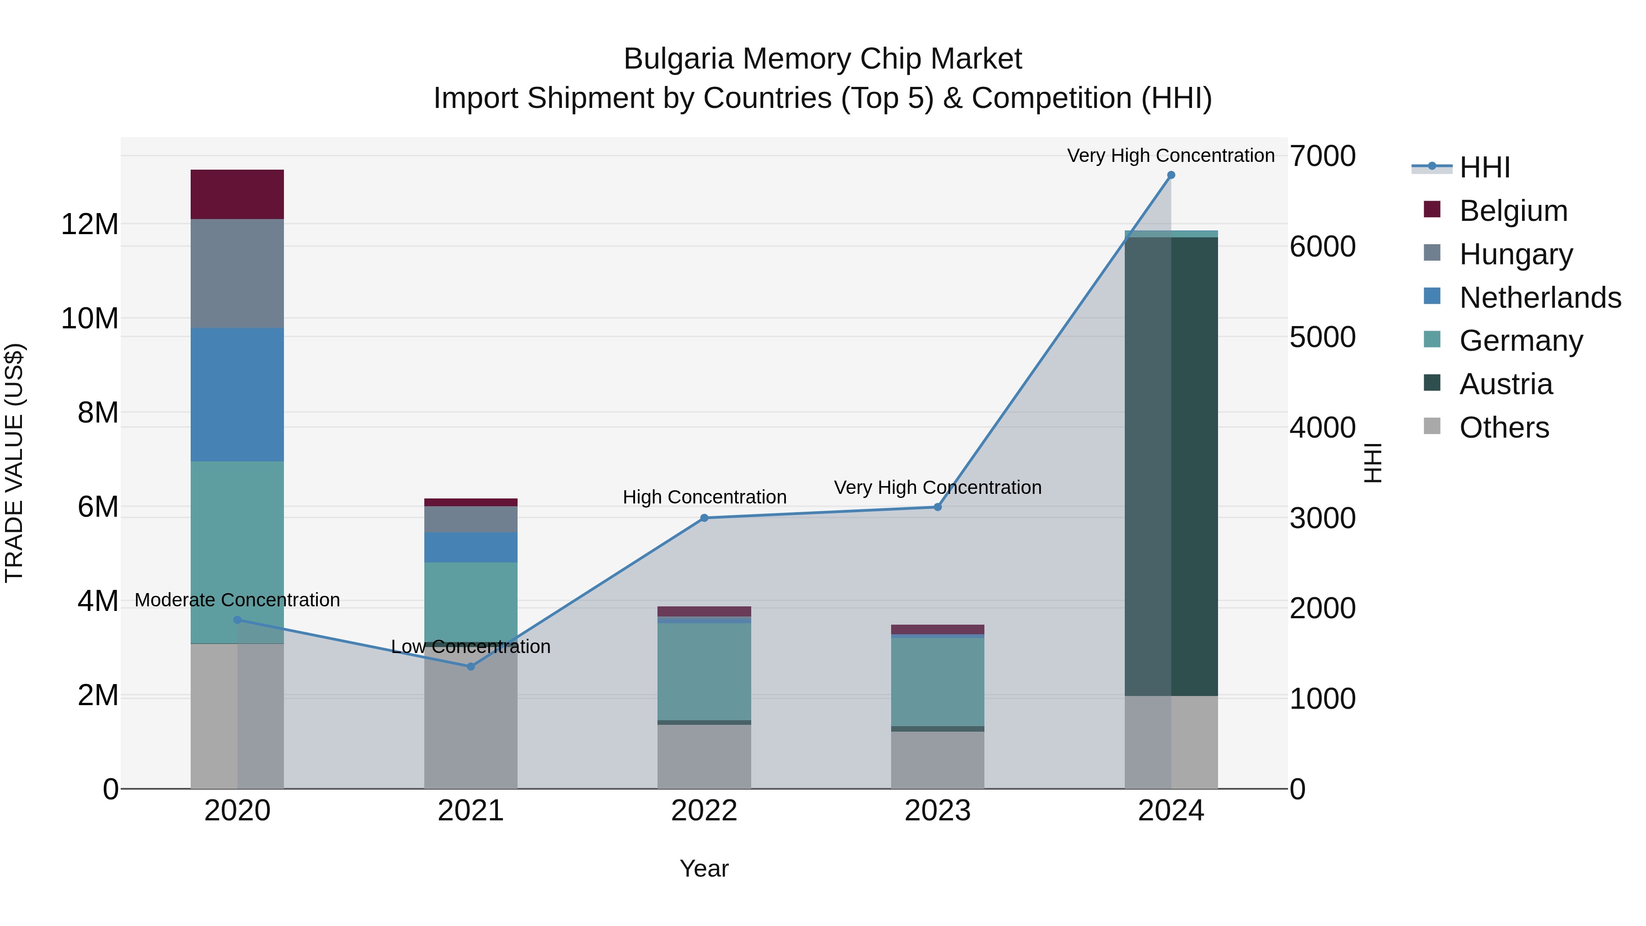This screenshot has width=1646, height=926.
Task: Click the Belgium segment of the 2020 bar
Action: coord(237,194)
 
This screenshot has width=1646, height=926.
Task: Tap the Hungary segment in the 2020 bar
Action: coord(237,273)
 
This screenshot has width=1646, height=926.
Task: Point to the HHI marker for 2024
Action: coord(1170,175)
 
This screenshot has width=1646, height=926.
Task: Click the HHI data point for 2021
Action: coord(471,667)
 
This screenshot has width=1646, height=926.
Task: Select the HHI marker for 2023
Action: coord(937,508)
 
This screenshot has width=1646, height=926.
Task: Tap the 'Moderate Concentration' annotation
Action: coord(237,600)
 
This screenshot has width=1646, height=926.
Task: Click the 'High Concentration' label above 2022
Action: coord(704,497)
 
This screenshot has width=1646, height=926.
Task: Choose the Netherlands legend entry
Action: coord(1540,298)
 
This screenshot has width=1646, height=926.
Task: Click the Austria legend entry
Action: coord(1506,384)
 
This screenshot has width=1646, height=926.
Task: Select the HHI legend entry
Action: coord(1484,167)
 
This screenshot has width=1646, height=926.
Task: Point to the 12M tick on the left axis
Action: coord(90,225)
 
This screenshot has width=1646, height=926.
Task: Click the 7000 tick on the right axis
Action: coord(1322,156)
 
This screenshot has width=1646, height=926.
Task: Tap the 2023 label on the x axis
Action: coord(937,811)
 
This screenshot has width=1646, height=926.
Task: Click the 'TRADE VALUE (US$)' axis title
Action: coord(14,463)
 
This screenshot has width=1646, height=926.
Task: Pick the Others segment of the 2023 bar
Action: coord(937,760)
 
